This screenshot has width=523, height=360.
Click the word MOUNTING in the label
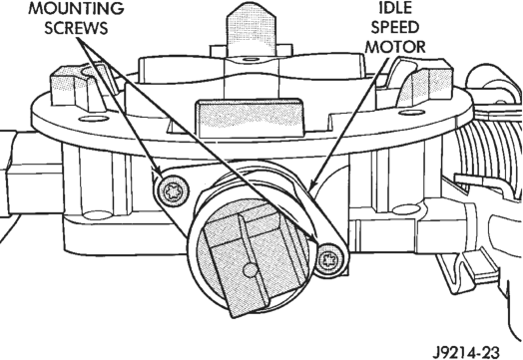[77, 9]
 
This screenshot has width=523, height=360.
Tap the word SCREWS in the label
[77, 28]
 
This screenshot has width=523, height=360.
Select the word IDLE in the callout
[395, 8]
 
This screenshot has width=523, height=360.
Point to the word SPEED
[395, 27]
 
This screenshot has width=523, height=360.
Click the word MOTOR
[395, 47]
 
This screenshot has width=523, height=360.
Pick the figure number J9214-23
[467, 352]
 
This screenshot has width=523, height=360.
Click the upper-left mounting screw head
[172, 191]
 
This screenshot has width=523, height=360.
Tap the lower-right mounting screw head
[329, 259]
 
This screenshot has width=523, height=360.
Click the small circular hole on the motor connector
[250, 270]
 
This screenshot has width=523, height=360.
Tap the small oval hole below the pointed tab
[250, 59]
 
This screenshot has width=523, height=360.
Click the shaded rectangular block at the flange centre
[251, 118]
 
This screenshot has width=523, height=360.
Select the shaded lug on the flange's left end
[80, 88]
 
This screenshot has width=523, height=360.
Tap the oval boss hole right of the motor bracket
[405, 210]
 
